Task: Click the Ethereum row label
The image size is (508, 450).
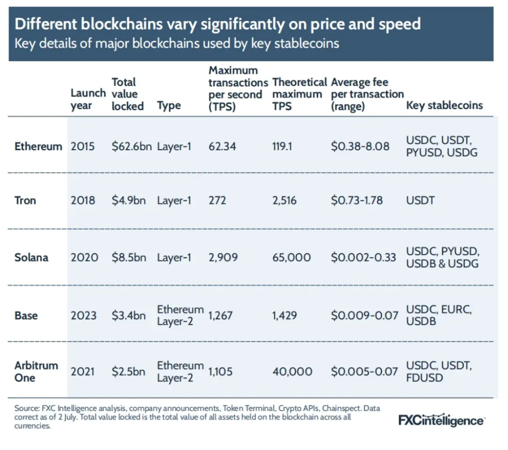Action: point(38,146)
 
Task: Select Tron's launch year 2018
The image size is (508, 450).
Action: point(83,200)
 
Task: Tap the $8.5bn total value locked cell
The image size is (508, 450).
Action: point(128,258)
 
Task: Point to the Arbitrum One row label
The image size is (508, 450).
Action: point(36,371)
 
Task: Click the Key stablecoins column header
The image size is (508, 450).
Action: point(444,105)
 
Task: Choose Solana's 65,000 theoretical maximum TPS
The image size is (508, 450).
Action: point(292,258)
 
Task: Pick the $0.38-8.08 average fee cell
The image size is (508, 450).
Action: point(360,146)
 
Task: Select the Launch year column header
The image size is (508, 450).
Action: point(88,99)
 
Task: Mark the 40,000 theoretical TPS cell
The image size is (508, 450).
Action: point(292,371)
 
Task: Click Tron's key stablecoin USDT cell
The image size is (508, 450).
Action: point(421,200)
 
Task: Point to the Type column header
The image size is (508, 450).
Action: point(169,105)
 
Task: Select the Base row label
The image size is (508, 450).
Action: point(26,316)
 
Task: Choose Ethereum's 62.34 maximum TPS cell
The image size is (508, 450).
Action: point(222,146)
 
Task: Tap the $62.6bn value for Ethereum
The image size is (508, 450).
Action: point(132,146)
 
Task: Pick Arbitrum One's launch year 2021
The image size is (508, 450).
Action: point(82,371)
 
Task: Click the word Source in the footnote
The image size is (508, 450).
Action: point(26,409)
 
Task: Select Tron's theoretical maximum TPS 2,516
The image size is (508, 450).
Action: point(285,200)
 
